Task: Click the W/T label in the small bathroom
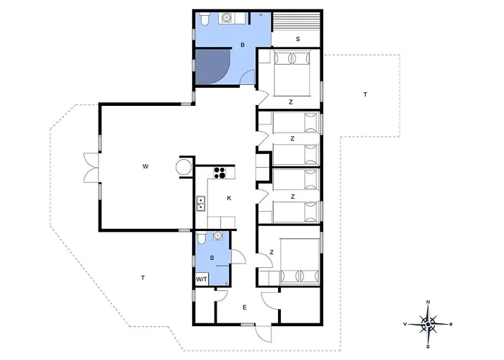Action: pyautogui.click(x=202, y=279)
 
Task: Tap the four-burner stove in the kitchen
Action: pyautogui.click(x=220, y=173)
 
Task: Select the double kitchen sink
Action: pyautogui.click(x=201, y=204)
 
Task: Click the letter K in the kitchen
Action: pyautogui.click(x=229, y=198)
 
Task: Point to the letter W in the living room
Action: pyautogui.click(x=145, y=166)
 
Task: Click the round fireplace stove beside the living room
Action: pyautogui.click(x=184, y=167)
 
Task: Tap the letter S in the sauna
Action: pyautogui.click(x=298, y=39)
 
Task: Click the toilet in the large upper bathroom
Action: pyautogui.click(x=204, y=19)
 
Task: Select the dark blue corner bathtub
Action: pyautogui.click(x=212, y=66)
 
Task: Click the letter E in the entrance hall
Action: pyautogui.click(x=245, y=307)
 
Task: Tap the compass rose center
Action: pyautogui.click(x=428, y=324)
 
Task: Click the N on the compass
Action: pyautogui.click(x=428, y=302)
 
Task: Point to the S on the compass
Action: pyautogui.click(x=428, y=346)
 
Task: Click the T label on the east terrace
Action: pyautogui.click(x=365, y=94)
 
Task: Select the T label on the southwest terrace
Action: pyautogui.click(x=143, y=278)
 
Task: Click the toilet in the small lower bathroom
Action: pyautogui.click(x=202, y=238)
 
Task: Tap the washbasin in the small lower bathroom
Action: pyautogui.click(x=218, y=235)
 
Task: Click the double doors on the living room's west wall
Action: pyautogui.click(x=91, y=168)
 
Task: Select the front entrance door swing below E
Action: pyautogui.click(x=264, y=333)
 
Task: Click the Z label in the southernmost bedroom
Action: pyautogui.click(x=271, y=252)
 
